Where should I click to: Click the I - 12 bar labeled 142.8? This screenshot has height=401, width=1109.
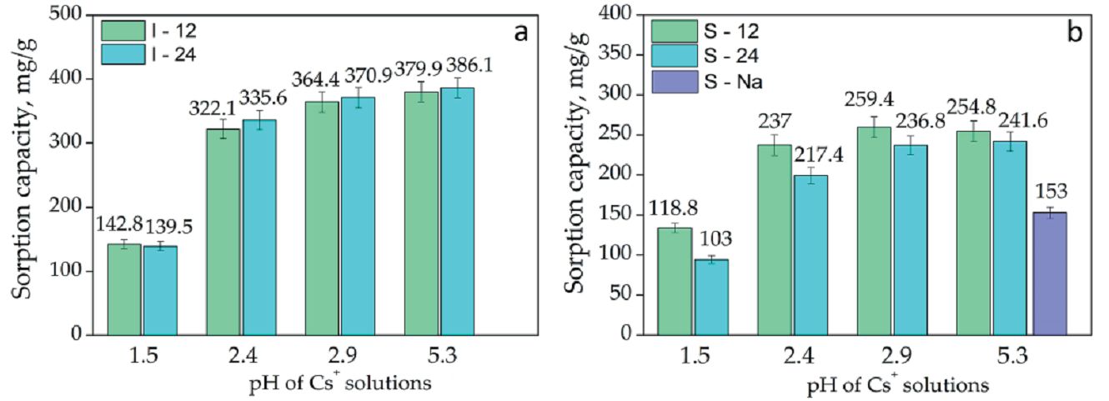124,289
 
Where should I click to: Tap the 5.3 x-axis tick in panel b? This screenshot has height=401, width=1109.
1013,353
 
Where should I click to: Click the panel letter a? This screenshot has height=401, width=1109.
521,33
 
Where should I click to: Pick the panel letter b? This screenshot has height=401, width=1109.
1075,33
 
